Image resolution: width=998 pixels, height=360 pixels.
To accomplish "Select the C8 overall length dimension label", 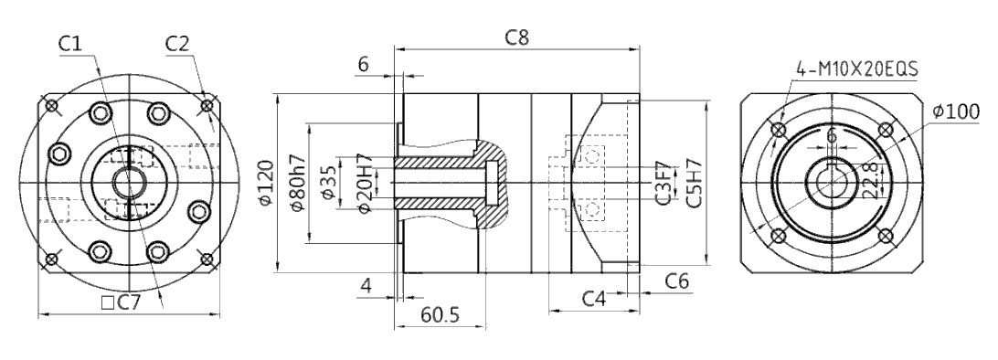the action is coord(517,37).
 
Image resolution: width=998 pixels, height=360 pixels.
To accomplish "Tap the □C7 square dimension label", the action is coord(121,302).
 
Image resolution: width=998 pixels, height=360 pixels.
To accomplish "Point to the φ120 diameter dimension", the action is coord(267,183).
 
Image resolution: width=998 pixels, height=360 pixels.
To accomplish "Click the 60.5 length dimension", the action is coord(440,314).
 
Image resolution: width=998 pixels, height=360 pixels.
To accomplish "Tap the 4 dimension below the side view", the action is coord(366,286).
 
